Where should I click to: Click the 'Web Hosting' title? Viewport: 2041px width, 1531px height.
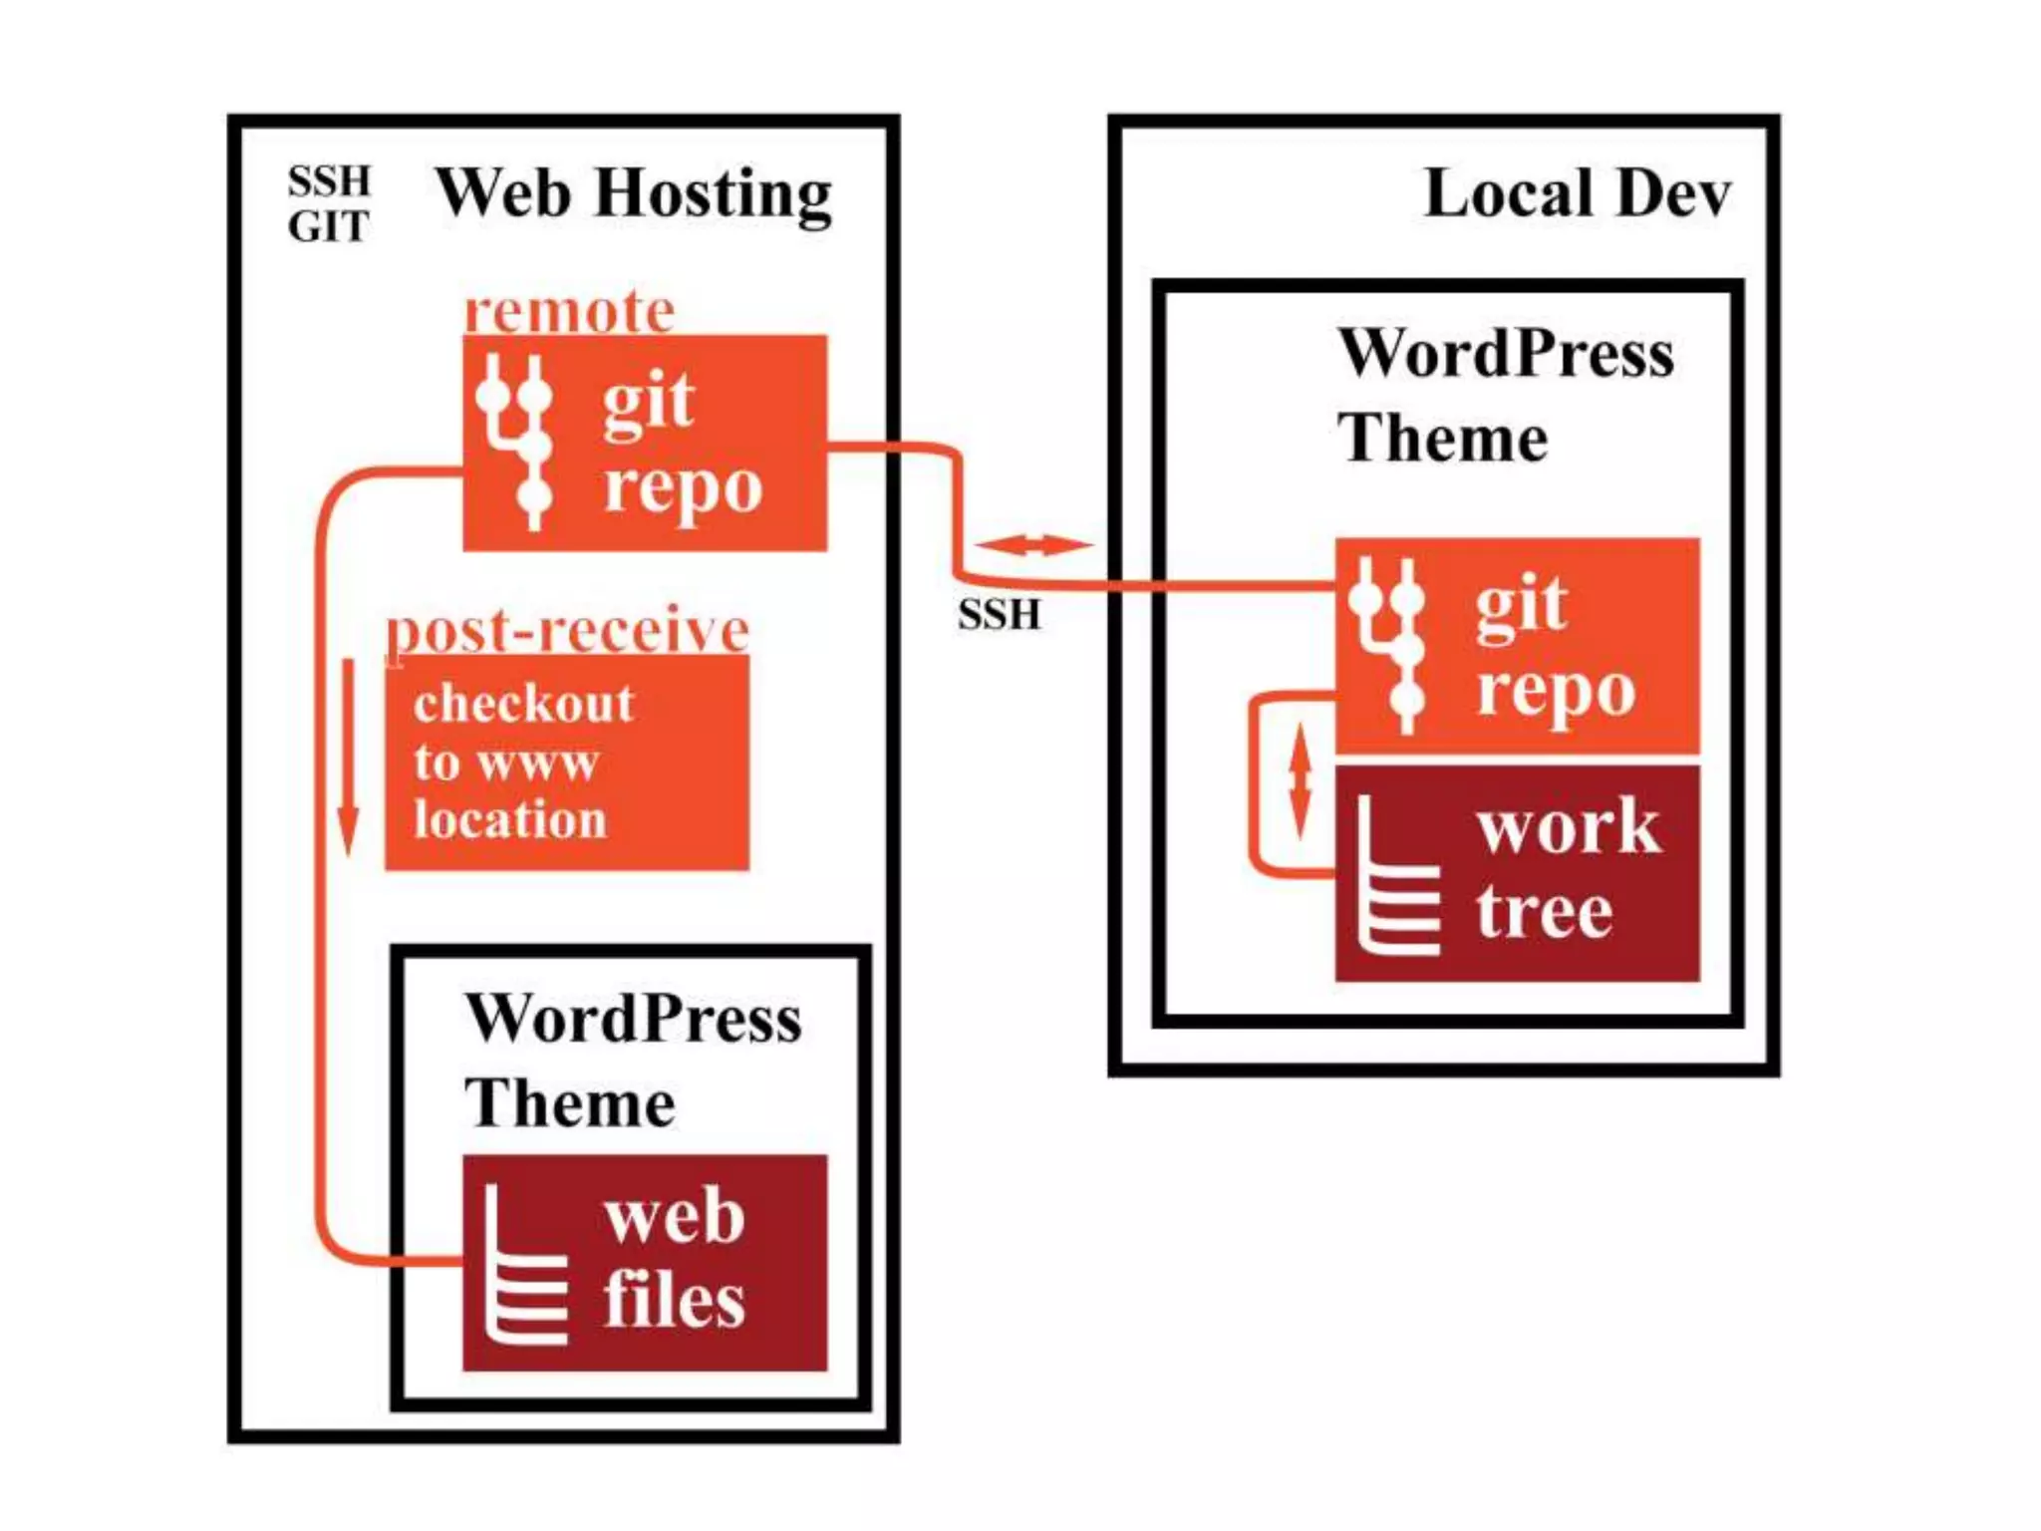tap(633, 193)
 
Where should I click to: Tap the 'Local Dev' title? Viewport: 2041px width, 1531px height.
tap(1577, 193)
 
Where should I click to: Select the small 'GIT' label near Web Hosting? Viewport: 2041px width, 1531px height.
tap(329, 227)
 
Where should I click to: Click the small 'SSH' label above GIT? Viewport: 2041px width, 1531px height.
tap(329, 181)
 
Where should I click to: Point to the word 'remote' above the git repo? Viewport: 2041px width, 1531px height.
tap(569, 312)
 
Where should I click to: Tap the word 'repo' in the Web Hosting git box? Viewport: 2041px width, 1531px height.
tap(683, 487)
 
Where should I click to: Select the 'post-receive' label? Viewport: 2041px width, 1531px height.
tap(567, 630)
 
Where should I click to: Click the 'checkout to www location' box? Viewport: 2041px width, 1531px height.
tap(566, 763)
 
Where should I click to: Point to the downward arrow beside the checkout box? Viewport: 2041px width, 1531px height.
tap(348, 758)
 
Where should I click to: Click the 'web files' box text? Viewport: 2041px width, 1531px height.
tap(674, 1259)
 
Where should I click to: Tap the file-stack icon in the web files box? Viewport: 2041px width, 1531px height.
tap(523, 1266)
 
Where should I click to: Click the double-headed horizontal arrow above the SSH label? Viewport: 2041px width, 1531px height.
tap(1033, 544)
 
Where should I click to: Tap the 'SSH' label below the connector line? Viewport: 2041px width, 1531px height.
tap(999, 614)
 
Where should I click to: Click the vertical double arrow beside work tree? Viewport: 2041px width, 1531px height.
tap(1300, 780)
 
